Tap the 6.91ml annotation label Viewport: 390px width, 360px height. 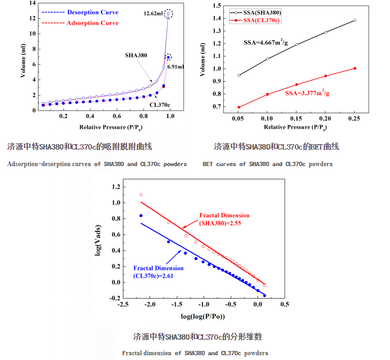176,67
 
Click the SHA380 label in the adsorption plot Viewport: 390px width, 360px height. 136,55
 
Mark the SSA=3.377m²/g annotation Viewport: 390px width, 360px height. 307,93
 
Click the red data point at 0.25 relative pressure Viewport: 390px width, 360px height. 355,68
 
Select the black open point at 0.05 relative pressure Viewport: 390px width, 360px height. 239,75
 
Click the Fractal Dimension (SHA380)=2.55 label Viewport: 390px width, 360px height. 224,218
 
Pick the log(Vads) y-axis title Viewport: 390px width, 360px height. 99,241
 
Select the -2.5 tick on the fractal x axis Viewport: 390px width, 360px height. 123,305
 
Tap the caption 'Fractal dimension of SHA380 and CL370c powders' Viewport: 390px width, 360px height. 195,353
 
